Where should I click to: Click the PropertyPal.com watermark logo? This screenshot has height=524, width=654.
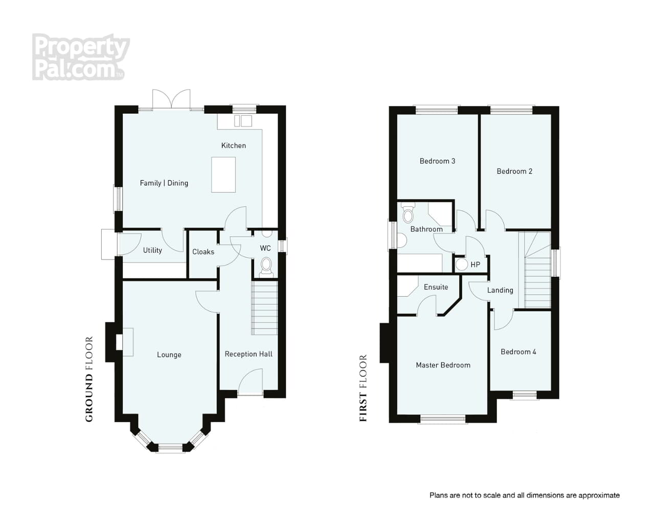coord(81,57)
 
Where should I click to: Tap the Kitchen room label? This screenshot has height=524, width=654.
coord(233,146)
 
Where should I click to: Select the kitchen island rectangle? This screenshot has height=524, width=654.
coord(223,174)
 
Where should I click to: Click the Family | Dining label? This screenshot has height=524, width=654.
coord(164,183)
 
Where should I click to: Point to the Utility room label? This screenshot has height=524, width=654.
coord(152,250)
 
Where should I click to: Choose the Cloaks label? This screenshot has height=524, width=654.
coord(203,252)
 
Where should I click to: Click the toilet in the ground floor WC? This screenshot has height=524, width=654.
coord(266,267)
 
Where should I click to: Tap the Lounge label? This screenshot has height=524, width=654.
coord(169,355)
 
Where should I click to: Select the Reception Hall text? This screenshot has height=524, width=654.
coord(249,354)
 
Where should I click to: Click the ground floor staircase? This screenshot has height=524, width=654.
coord(264,308)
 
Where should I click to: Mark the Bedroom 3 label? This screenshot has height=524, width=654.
coord(437,161)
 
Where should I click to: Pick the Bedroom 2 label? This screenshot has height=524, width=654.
coord(514,171)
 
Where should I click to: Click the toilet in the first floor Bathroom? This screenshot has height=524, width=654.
coord(408,213)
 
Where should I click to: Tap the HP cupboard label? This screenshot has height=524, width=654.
coord(476,265)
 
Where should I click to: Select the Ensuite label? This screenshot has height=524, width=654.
coord(436,287)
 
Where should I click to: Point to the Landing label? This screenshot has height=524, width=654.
coord(500,291)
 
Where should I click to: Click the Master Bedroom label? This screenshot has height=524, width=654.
coord(443,365)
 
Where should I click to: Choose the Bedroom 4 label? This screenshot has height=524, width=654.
coord(518,352)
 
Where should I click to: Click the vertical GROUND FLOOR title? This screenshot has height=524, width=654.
coord(89,379)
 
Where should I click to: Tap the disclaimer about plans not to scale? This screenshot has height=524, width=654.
coord(524,495)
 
